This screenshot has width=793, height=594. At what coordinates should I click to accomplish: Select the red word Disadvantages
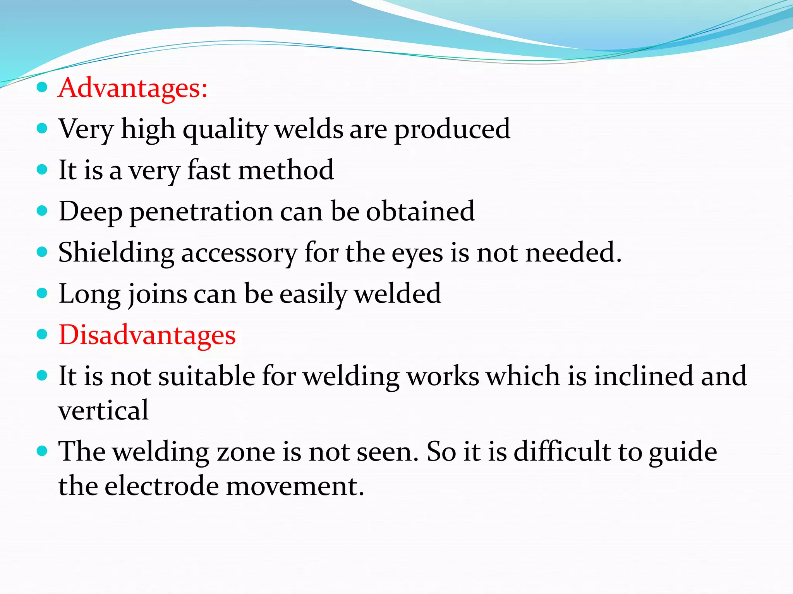147,335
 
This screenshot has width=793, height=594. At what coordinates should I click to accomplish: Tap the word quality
225,130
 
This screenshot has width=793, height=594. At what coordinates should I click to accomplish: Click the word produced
452,130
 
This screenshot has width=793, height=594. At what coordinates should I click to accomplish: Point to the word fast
209,170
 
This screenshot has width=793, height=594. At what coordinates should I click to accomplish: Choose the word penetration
201,212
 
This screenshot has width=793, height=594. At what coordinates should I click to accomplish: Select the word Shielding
116,253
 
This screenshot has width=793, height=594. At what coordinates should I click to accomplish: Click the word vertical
103,410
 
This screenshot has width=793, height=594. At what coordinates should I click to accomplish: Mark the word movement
295,486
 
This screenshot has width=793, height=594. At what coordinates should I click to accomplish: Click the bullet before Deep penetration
42,211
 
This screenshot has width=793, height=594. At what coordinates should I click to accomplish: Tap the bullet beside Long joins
42,293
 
